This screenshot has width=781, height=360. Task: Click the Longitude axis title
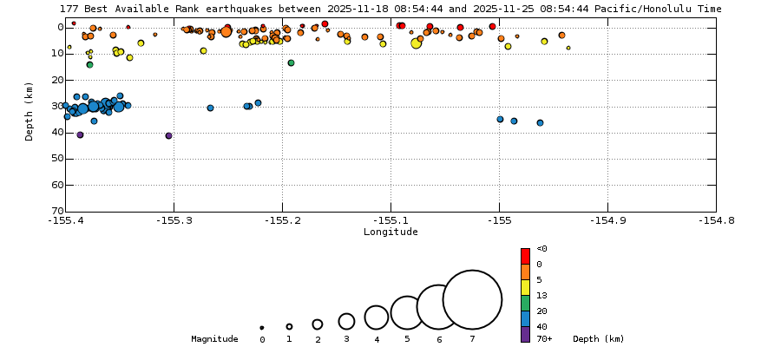pyautogui.click(x=390, y=232)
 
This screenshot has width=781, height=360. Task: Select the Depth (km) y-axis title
pyautogui.click(x=30, y=111)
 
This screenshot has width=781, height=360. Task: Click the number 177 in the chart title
pyautogui.click(x=69, y=9)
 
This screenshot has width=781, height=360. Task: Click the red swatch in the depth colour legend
pyautogui.click(x=525, y=256)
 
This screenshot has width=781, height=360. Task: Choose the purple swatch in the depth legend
pyautogui.click(x=525, y=334)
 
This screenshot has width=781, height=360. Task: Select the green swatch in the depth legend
pyautogui.click(x=525, y=303)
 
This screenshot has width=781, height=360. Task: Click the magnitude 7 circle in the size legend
pyautogui.click(x=472, y=300)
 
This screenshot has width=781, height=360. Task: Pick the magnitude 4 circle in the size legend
pyautogui.click(x=376, y=317)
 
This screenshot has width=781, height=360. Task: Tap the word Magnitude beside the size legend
pyautogui.click(x=214, y=339)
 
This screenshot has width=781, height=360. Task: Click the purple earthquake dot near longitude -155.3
pyautogui.click(x=168, y=135)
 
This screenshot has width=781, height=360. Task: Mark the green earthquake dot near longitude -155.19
pyautogui.click(x=291, y=62)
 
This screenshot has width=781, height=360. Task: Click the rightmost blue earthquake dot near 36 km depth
pyautogui.click(x=540, y=122)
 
